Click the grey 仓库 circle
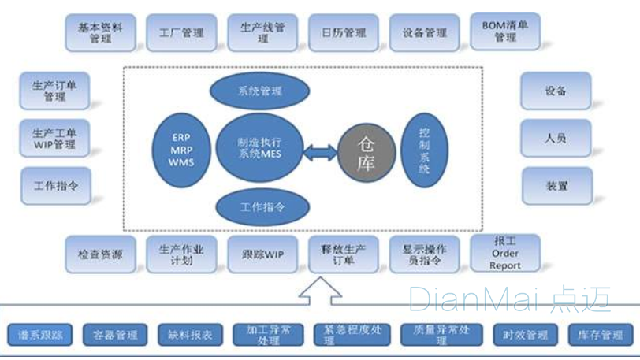tap(367, 153)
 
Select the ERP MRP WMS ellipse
tap(180, 151)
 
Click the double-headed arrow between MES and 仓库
tap(318, 153)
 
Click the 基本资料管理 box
tap(100, 32)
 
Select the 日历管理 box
tap(344, 33)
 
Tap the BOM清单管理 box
tap(505, 32)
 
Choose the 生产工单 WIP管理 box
tap(54, 139)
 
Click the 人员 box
tap(555, 139)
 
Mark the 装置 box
tap(556, 186)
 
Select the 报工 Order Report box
tap(505, 253)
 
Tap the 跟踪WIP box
tap(262, 254)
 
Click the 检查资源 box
tap(100, 254)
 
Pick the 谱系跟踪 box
tap(40, 335)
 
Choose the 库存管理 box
tap(601, 335)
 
